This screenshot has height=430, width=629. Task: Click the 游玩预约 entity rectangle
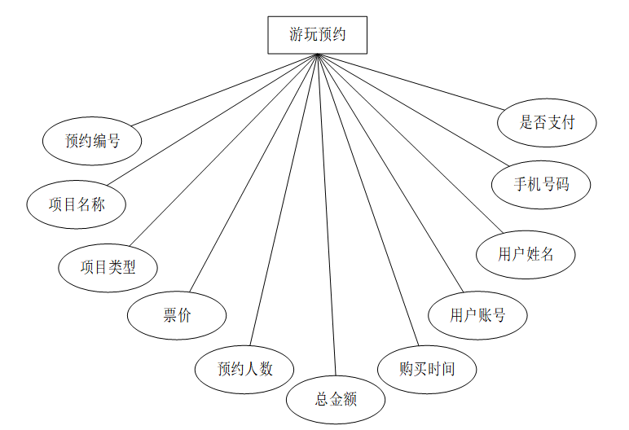pyautogui.click(x=317, y=35)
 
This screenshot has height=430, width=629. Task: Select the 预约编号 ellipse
pyautogui.click(x=92, y=141)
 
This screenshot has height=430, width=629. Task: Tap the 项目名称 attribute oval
pyautogui.click(x=77, y=204)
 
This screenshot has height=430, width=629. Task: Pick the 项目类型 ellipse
pyautogui.click(x=108, y=266)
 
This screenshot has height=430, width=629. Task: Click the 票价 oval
pyautogui.click(x=177, y=315)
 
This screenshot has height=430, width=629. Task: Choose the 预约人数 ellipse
pyautogui.click(x=244, y=369)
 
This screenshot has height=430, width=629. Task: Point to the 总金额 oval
pyautogui.click(x=336, y=399)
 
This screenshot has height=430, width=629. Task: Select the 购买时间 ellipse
pyautogui.click(x=427, y=369)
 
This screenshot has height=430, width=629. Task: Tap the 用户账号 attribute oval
pyautogui.click(x=477, y=315)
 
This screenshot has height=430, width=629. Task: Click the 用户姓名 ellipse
pyautogui.click(x=526, y=254)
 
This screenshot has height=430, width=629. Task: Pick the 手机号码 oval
pyautogui.click(x=541, y=185)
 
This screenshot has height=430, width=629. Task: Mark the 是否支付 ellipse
pyautogui.click(x=548, y=122)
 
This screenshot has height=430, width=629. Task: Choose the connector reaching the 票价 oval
pyautogui.click(x=253, y=172)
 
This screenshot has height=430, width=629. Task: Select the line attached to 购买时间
pyautogui.click(x=367, y=200)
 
